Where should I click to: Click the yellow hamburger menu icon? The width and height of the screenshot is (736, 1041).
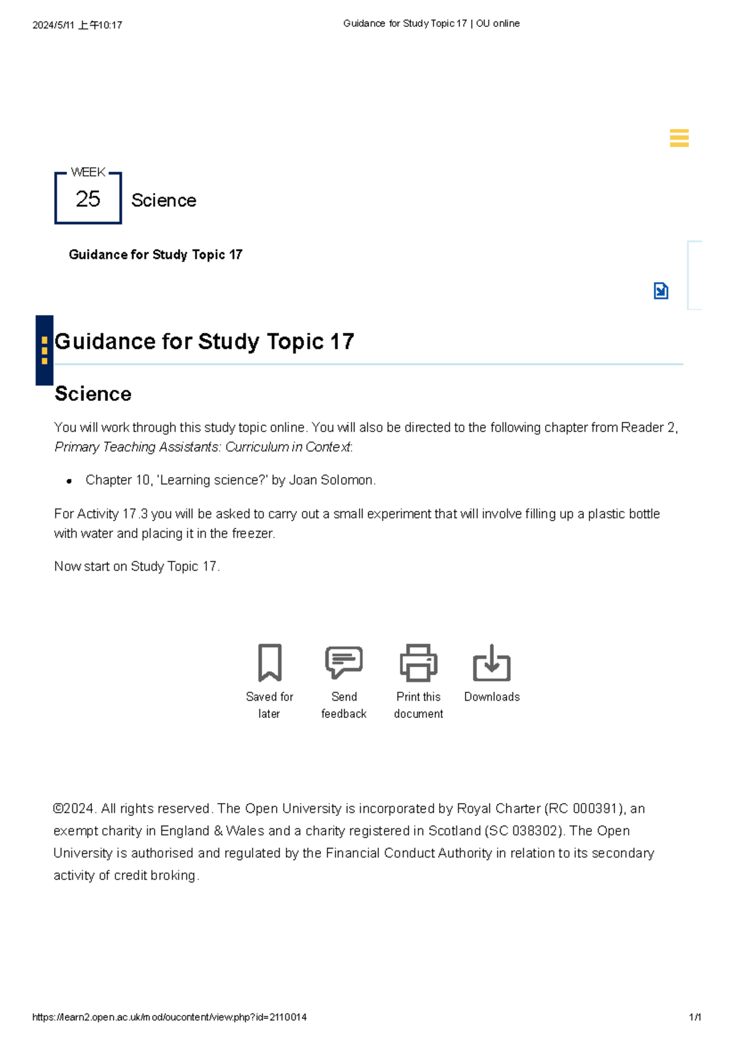(x=679, y=138)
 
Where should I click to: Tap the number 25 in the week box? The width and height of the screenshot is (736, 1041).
(x=88, y=199)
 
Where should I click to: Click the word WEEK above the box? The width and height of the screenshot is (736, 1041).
(x=88, y=172)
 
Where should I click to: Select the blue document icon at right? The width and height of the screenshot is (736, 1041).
(x=661, y=291)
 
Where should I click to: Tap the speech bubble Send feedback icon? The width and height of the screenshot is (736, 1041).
(x=343, y=662)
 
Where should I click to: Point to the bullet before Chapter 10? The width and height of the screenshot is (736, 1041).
(x=69, y=481)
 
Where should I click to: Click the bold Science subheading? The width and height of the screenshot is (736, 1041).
(x=93, y=394)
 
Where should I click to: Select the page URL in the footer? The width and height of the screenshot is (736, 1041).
(x=169, y=1017)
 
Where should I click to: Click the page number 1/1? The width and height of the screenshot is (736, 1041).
(x=695, y=1017)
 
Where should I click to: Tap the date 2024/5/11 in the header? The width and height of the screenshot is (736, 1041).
(x=54, y=25)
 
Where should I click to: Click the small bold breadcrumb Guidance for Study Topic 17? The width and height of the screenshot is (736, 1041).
(x=155, y=254)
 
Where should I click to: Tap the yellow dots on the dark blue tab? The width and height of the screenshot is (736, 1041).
(x=44, y=350)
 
